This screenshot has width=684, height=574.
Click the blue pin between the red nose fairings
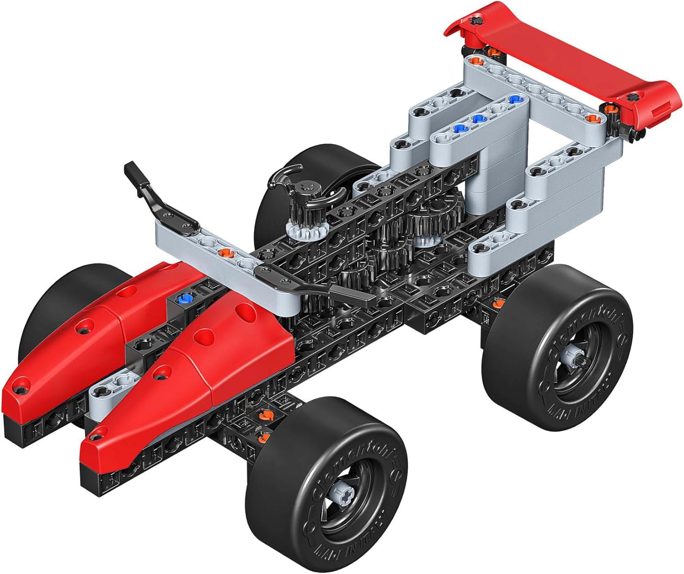(184, 299)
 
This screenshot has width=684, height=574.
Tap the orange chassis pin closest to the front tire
(263, 438)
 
